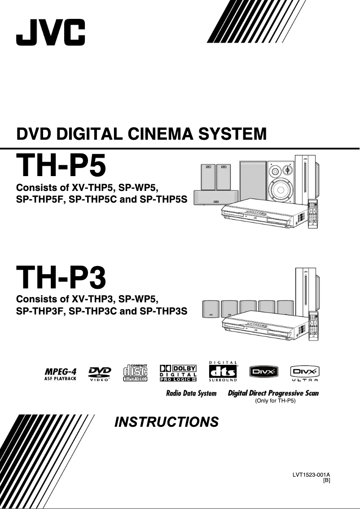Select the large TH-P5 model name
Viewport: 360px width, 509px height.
(x=61, y=165)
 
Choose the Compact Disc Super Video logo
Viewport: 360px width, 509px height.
(x=136, y=373)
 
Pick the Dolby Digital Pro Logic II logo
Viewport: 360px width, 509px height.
(x=178, y=373)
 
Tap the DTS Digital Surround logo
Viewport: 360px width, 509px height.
(x=223, y=372)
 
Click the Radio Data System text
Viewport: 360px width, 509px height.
(x=191, y=394)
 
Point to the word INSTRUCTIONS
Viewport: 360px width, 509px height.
(x=167, y=422)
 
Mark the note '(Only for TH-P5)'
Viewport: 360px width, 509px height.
(x=275, y=400)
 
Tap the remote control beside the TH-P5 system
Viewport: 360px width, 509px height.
(x=315, y=215)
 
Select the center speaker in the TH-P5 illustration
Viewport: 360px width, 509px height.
(x=215, y=198)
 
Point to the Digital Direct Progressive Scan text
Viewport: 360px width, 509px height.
(x=273, y=393)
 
